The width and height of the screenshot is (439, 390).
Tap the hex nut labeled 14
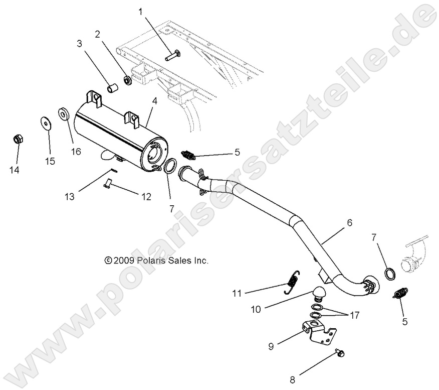17,139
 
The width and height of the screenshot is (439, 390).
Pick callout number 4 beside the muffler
154,101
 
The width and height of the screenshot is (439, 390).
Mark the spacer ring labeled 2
128,80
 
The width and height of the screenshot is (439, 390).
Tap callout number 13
70,197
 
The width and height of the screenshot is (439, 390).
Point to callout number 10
256,310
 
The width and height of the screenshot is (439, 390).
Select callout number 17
355,316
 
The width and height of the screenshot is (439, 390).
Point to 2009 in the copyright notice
123,261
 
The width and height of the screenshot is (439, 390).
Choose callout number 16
76,152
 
